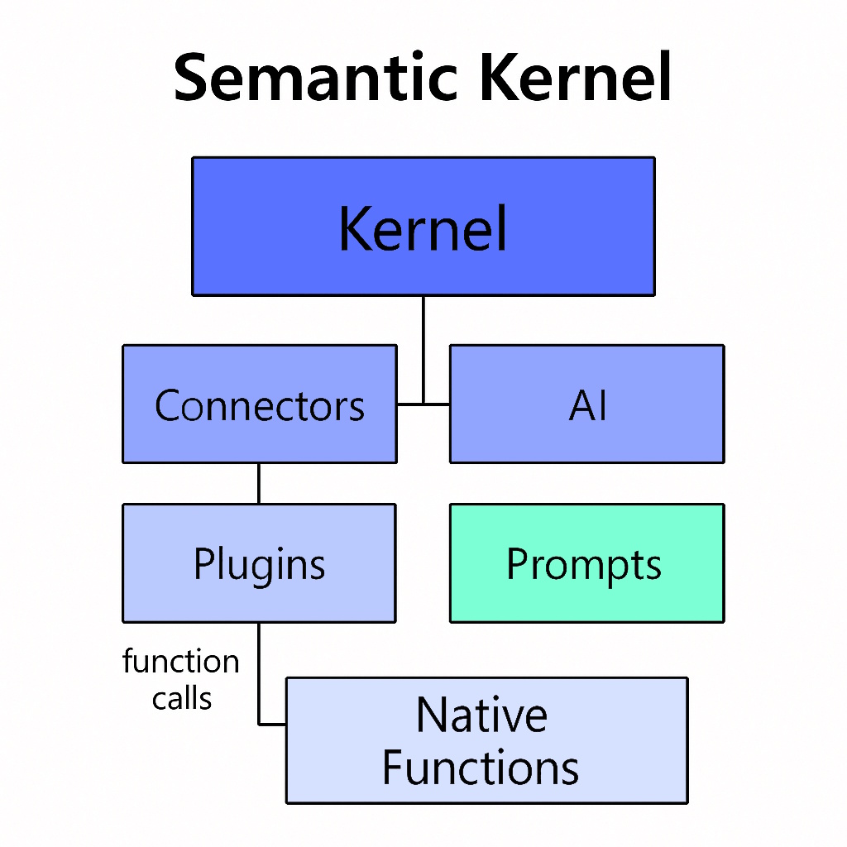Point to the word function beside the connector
[x=180, y=662]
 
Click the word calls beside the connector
[x=182, y=699]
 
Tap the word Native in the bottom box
[x=481, y=715]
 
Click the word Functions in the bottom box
[x=480, y=768]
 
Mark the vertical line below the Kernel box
[x=423, y=347]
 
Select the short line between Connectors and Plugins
[x=259, y=483]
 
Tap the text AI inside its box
[x=587, y=406]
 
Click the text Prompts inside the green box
[x=583, y=565]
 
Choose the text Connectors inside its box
[x=259, y=406]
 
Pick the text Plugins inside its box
[x=259, y=565]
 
